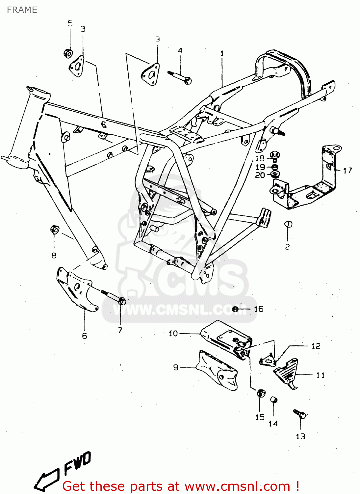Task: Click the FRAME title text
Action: click(22, 10)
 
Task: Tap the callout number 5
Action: click(70, 23)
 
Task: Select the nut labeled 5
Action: click(68, 53)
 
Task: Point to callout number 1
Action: click(222, 53)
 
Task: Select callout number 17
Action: click(347, 170)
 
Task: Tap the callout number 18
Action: click(260, 158)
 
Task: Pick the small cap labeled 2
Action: click(288, 224)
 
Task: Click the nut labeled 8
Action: click(54, 229)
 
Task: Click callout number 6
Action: click(85, 336)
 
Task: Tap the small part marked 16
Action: click(235, 309)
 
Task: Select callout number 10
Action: click(173, 333)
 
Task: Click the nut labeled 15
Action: click(261, 393)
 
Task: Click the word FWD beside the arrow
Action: click(77, 463)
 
